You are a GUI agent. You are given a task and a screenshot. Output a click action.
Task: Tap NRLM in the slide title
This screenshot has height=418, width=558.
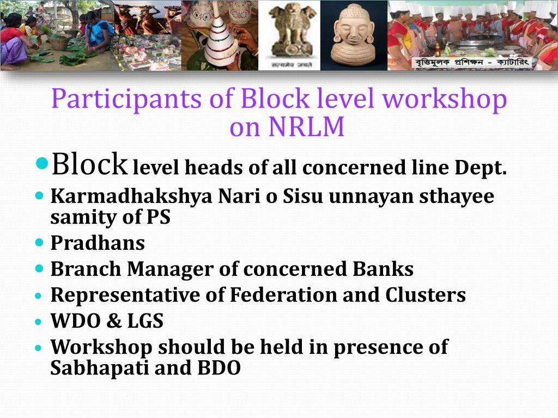click(307, 127)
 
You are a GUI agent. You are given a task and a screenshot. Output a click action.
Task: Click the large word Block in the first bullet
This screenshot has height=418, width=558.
click(89, 164)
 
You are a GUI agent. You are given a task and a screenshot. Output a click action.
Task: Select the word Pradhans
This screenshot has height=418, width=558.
click(98, 243)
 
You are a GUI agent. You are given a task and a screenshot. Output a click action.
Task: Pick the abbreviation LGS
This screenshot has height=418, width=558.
click(145, 321)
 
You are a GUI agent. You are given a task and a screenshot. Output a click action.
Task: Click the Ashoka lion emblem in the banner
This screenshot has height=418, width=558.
click(289, 34)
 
